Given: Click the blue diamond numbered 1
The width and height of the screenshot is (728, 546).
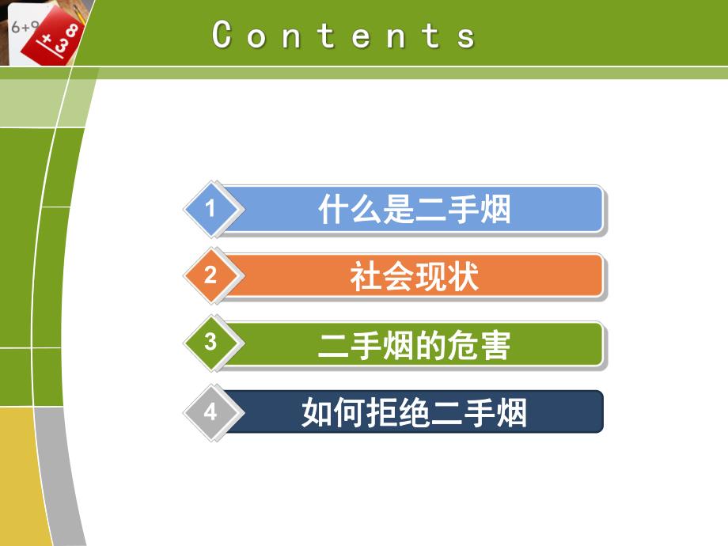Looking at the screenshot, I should click(x=210, y=209).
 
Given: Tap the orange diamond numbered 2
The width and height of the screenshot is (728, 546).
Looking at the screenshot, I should click(x=210, y=276).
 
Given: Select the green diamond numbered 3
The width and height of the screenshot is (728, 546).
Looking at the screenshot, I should click(x=210, y=343).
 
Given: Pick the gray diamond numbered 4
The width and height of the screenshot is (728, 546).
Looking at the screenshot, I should click(x=210, y=411).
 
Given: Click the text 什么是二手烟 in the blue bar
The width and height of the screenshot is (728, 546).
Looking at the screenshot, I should click(x=414, y=210).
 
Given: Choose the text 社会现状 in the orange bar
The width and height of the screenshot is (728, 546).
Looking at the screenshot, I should click(x=414, y=277).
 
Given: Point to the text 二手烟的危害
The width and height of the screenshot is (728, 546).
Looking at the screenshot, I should click(x=414, y=345).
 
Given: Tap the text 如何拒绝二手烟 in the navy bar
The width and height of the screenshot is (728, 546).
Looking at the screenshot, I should click(x=414, y=412).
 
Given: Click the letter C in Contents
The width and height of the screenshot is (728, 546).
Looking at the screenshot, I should click(x=222, y=35).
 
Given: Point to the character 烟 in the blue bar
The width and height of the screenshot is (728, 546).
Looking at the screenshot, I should click(x=495, y=210).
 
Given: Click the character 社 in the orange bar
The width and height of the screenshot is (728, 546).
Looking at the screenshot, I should click(x=366, y=277).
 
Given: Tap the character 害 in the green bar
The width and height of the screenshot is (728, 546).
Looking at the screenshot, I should click(x=495, y=345).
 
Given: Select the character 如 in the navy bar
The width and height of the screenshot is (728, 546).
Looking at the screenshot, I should click(x=317, y=412).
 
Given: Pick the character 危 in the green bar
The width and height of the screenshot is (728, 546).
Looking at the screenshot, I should click(x=462, y=345).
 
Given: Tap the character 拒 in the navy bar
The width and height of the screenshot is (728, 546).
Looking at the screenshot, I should click(x=381, y=412).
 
